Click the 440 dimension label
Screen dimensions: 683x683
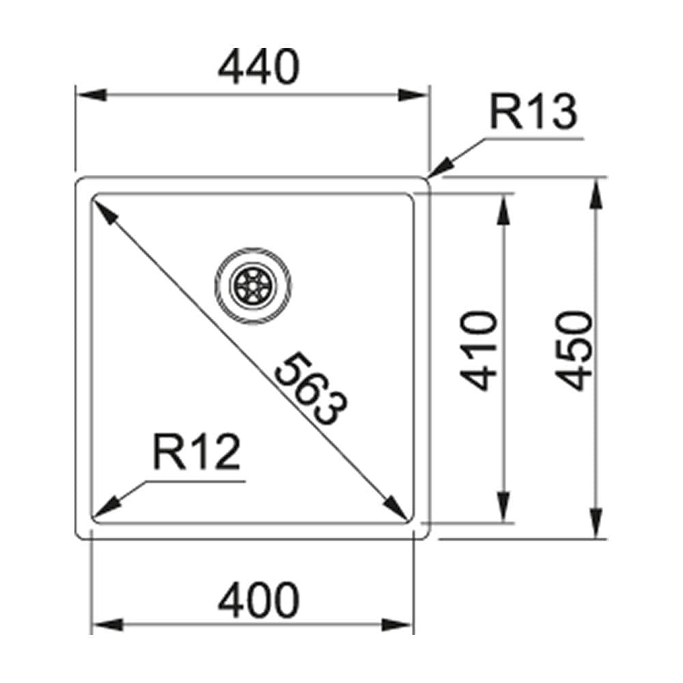pyautogui.click(x=259, y=67)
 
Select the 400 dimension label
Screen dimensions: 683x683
pyautogui.click(x=259, y=600)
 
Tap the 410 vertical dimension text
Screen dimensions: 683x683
pyautogui.click(x=478, y=350)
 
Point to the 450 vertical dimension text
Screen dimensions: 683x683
pyautogui.click(x=575, y=350)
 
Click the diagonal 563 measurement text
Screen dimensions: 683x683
pyautogui.click(x=311, y=389)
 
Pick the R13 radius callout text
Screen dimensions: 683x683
pyautogui.click(x=533, y=112)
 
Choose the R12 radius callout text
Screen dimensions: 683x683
pyautogui.click(x=197, y=451)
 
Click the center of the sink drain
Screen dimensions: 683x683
pyautogui.click(x=253, y=285)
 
